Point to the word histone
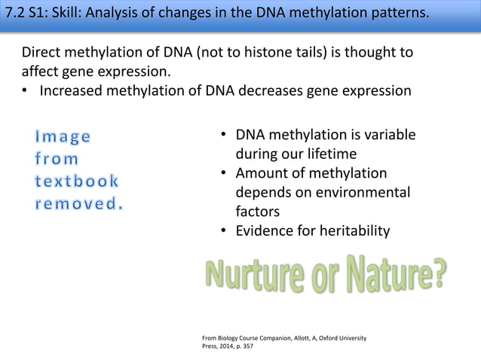tap(268, 55)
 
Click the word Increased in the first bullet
tap(74, 92)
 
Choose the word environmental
tap(366, 193)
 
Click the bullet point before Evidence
tap(224, 231)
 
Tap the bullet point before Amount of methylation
tap(224, 174)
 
